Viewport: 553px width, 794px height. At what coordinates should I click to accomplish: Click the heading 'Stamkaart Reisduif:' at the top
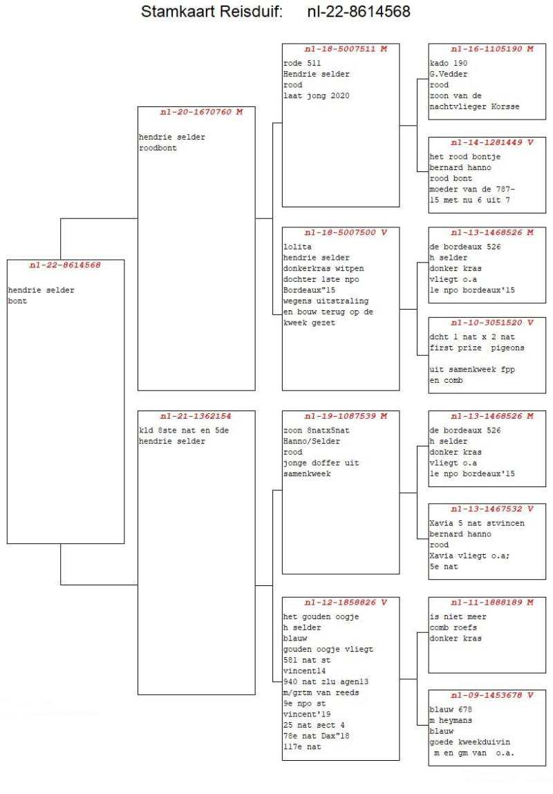point(212,12)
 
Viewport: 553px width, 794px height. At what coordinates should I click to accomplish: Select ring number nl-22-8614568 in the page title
point(359,12)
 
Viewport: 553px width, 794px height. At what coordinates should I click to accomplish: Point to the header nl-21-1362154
point(196,417)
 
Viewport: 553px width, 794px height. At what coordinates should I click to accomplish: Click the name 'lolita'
point(298,247)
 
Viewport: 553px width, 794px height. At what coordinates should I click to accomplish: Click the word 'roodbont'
point(158,148)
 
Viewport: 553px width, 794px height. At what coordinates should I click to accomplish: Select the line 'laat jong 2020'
point(316,96)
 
